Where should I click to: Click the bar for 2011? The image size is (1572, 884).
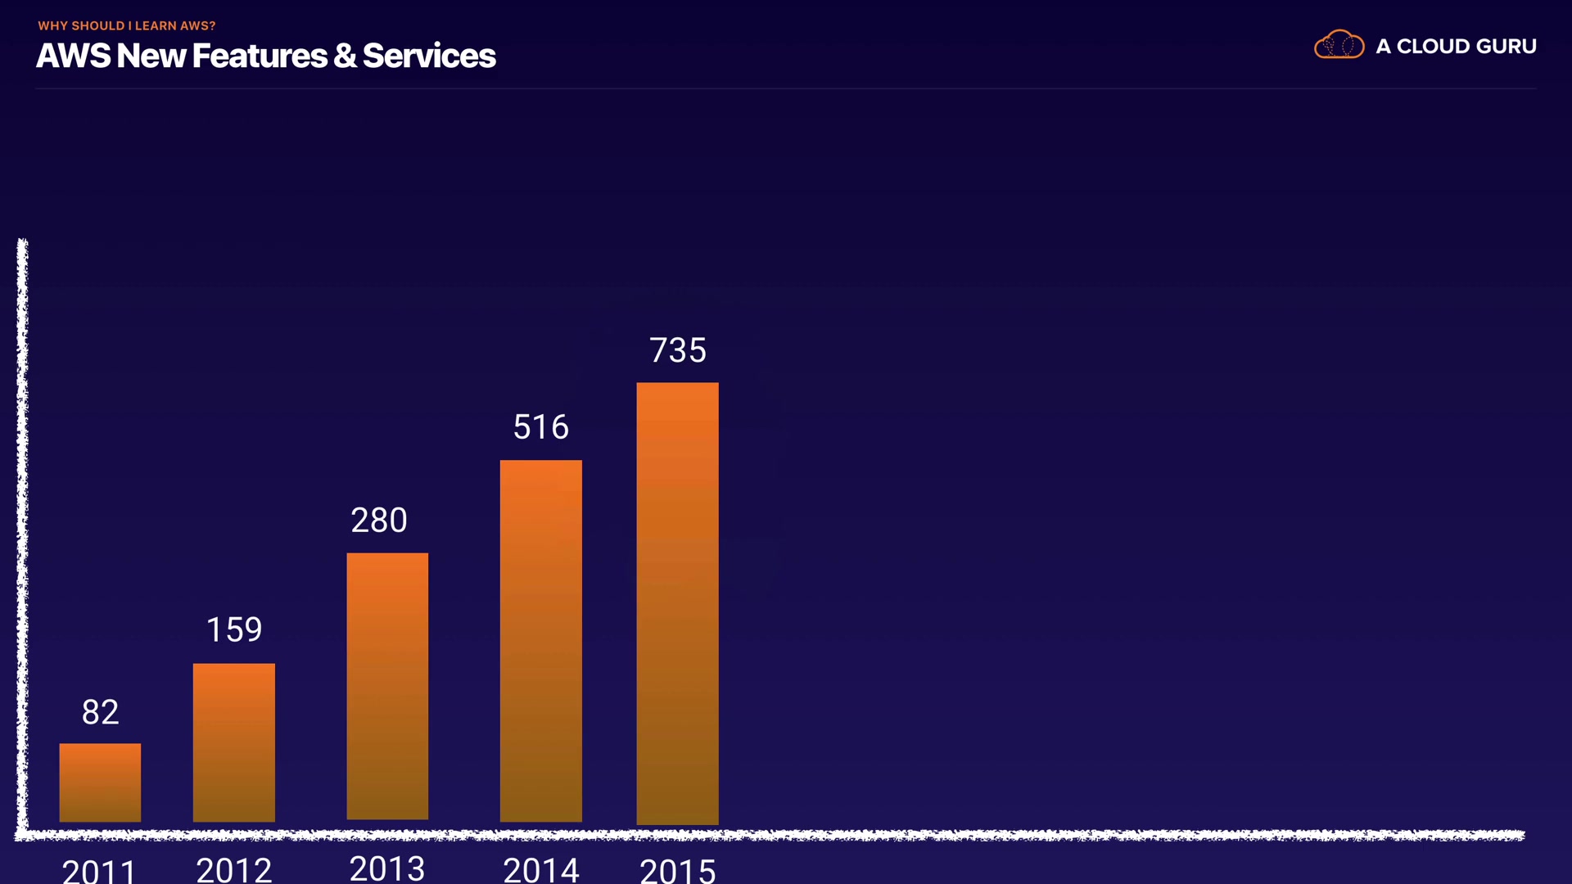[x=100, y=782]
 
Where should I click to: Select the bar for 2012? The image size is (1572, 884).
[x=234, y=742]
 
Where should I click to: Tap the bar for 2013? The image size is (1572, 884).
[x=387, y=686]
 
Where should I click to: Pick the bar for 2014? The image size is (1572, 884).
[x=541, y=640]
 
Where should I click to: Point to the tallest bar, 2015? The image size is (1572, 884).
[x=678, y=603]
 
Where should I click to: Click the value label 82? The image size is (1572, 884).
[x=100, y=712]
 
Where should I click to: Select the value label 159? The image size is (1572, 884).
[x=234, y=629]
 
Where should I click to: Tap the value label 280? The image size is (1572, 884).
[x=379, y=521]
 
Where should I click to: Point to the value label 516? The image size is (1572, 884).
[x=541, y=427]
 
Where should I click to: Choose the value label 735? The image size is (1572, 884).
[x=678, y=350]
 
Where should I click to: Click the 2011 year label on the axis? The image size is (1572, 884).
[x=99, y=869]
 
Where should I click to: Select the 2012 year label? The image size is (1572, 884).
[x=234, y=868]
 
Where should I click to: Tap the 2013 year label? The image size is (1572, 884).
[x=387, y=868]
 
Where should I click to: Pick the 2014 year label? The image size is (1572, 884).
[x=541, y=868]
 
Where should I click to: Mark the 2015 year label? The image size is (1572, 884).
[x=678, y=869]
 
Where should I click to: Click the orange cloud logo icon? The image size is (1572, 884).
[x=1339, y=45]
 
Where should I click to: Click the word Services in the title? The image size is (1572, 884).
[x=429, y=56]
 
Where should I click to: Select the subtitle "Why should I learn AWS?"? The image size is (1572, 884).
[x=127, y=25]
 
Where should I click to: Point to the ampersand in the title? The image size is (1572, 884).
[x=345, y=56]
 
